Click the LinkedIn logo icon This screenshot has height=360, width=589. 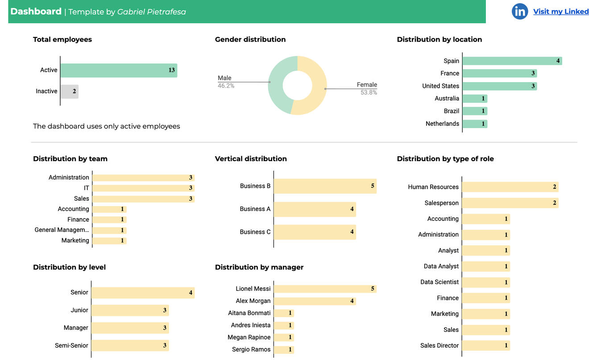tap(519, 12)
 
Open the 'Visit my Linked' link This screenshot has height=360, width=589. tap(561, 12)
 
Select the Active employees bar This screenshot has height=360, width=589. tap(119, 70)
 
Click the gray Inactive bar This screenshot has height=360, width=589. tap(69, 91)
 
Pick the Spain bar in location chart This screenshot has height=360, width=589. tap(512, 61)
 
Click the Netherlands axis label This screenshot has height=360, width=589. tap(442, 124)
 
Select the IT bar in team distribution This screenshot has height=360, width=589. tap(143, 188)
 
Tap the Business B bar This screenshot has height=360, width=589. tap(325, 186)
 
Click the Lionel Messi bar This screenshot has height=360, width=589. tap(325, 289)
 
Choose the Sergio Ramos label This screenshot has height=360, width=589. tap(251, 349)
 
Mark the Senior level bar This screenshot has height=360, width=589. tap(143, 293)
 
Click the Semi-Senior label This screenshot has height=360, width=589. tap(71, 345)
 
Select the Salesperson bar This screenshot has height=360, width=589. tap(510, 203)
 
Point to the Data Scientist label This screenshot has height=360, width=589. tap(439, 282)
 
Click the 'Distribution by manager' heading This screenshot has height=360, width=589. tap(259, 267)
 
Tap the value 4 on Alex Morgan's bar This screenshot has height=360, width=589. tap(352, 301)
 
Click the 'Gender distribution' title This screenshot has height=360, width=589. tap(250, 39)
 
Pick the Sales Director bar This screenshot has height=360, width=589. tap(486, 345)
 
